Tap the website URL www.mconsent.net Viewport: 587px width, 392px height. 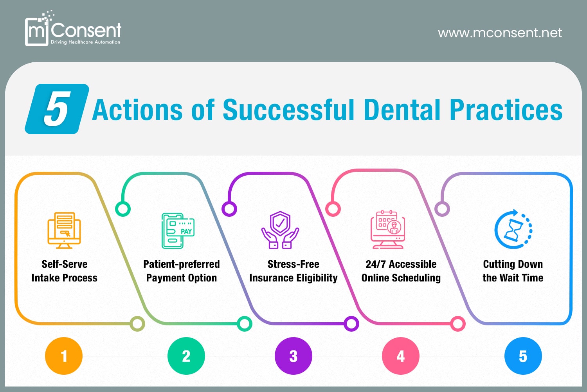tap(500, 33)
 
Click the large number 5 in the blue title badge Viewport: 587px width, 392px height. tap(57, 109)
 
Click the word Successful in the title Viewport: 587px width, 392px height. tap(289, 110)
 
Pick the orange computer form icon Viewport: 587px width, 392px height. tap(64, 230)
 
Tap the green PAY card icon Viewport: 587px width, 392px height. tap(178, 231)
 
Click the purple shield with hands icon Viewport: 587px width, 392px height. tap(280, 230)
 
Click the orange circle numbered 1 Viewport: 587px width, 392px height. tap(64, 356)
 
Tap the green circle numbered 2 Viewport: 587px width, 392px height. tap(186, 356)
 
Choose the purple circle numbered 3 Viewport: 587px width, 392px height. tap(293, 356)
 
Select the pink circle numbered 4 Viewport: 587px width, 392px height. tap(401, 356)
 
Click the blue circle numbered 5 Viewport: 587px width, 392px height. tap(523, 356)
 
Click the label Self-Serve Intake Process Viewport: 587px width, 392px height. tap(65, 271)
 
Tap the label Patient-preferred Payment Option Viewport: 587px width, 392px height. tap(182, 271)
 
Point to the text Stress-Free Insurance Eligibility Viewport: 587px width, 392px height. tap(293, 271)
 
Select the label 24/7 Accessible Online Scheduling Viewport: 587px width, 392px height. tap(401, 271)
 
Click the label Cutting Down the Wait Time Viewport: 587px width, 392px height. tap(513, 271)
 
